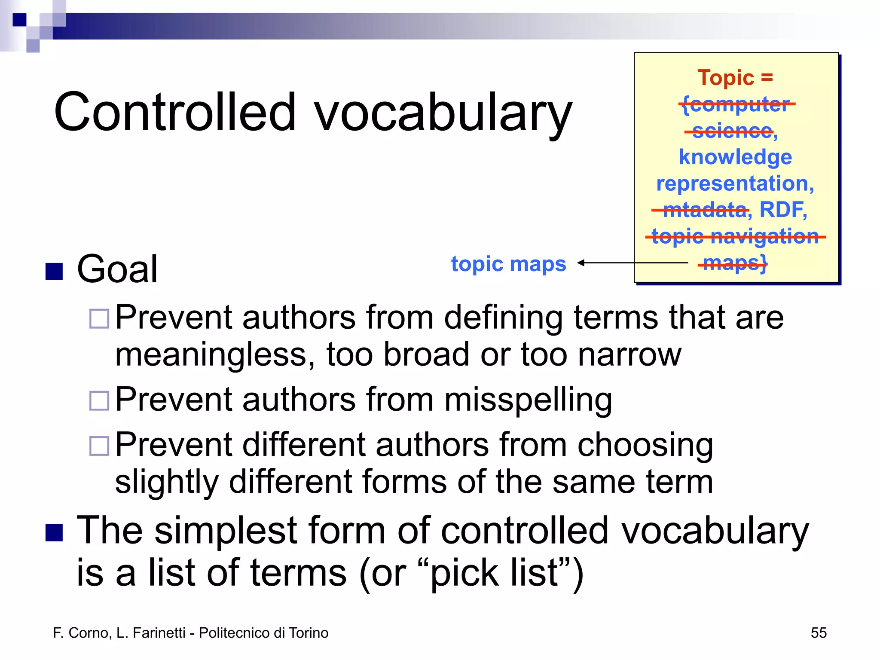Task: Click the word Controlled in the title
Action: pyautogui.click(x=175, y=112)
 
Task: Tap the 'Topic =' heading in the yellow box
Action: pyautogui.click(x=735, y=78)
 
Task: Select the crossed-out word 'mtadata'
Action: pyautogui.click(x=705, y=210)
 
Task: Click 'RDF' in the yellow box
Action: pyautogui.click(x=782, y=210)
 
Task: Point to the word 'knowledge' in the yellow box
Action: pyautogui.click(x=735, y=157)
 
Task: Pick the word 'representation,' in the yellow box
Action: pyautogui.click(x=735, y=184)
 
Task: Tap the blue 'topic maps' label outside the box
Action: pyautogui.click(x=508, y=264)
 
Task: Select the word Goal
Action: pyautogui.click(x=117, y=269)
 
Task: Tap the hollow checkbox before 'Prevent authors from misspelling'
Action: pyautogui.click(x=99, y=401)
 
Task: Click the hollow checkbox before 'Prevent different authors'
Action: pyautogui.click(x=99, y=446)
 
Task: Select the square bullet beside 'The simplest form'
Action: pyautogui.click(x=54, y=533)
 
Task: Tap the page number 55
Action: pyautogui.click(x=818, y=633)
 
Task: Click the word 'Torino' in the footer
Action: pyautogui.click(x=309, y=633)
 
